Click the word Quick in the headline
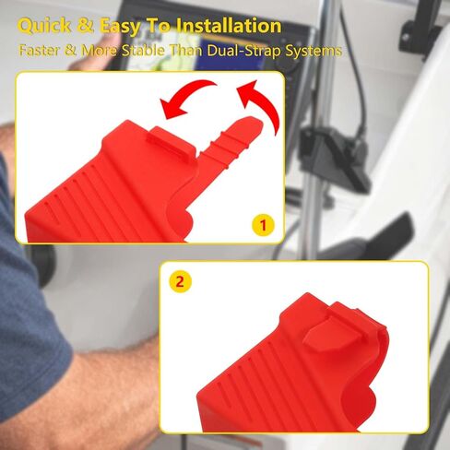click(44, 26)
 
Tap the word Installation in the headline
click(230, 25)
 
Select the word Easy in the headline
click(121, 27)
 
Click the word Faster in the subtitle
click(39, 50)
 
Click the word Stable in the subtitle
click(143, 51)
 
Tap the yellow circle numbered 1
click(263, 225)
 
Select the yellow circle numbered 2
click(180, 281)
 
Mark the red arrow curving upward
click(261, 103)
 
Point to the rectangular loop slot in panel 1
click(172, 142)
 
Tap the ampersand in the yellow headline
click(86, 26)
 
